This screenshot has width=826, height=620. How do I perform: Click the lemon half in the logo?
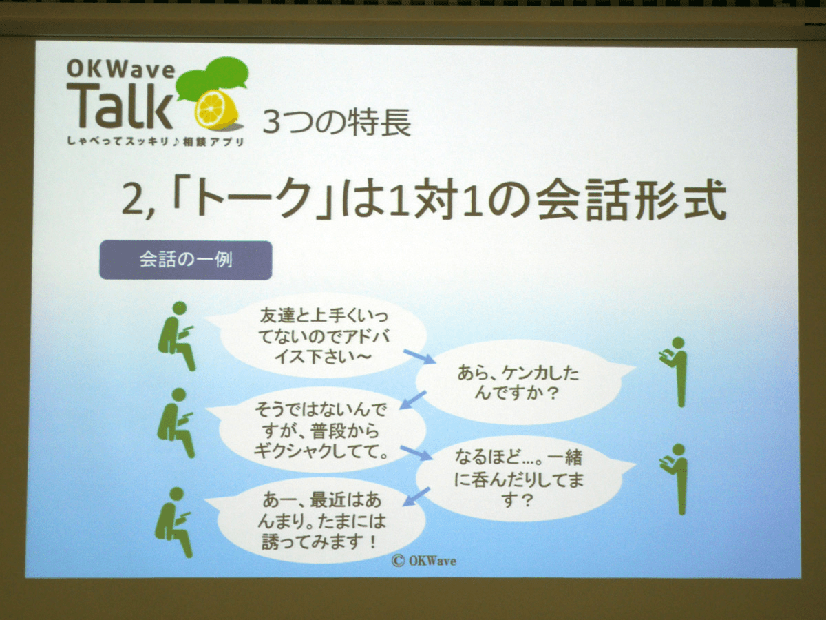(x=217, y=110)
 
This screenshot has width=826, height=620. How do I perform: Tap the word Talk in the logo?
(x=120, y=105)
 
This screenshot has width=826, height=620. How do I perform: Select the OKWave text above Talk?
(x=120, y=70)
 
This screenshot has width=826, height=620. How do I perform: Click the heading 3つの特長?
(x=337, y=122)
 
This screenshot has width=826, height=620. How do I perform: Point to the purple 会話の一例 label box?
(x=186, y=260)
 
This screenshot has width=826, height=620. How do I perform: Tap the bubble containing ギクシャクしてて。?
(x=320, y=431)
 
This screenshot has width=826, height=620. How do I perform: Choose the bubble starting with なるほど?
(x=523, y=479)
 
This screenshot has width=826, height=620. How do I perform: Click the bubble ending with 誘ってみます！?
(x=320, y=521)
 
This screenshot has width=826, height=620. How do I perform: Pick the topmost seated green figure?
(x=177, y=336)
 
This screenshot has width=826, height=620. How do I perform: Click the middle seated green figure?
(x=176, y=424)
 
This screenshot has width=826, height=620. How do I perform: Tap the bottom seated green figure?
(x=174, y=522)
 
